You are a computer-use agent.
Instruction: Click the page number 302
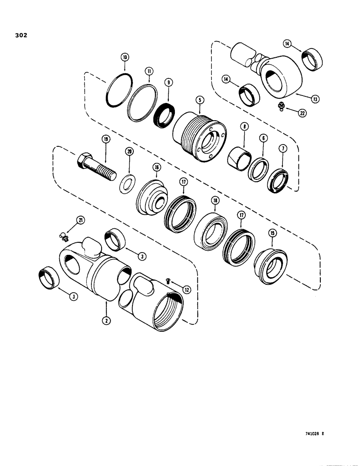[21, 35]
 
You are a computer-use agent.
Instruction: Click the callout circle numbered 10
[124, 58]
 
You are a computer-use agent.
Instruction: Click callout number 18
[215, 200]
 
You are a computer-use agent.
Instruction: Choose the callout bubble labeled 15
[272, 232]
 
